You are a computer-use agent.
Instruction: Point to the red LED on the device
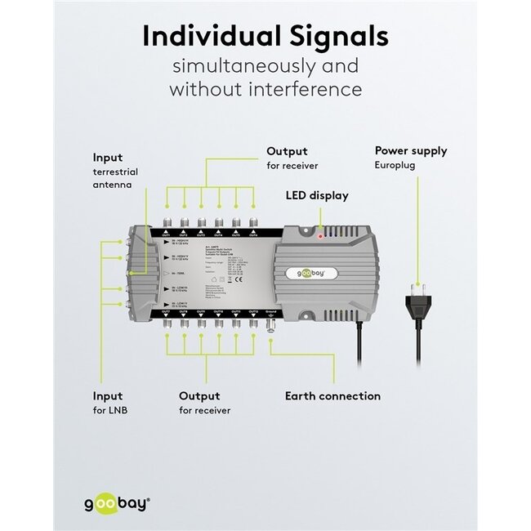click(319, 235)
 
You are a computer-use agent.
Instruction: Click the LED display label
click(316, 195)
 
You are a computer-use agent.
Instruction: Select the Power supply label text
click(410, 150)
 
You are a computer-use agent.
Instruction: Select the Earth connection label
click(332, 396)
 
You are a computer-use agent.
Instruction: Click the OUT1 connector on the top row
click(167, 223)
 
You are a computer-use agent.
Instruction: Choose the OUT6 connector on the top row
click(252, 223)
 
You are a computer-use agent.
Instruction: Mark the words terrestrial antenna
click(115, 179)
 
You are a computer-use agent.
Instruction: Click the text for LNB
click(110, 410)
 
